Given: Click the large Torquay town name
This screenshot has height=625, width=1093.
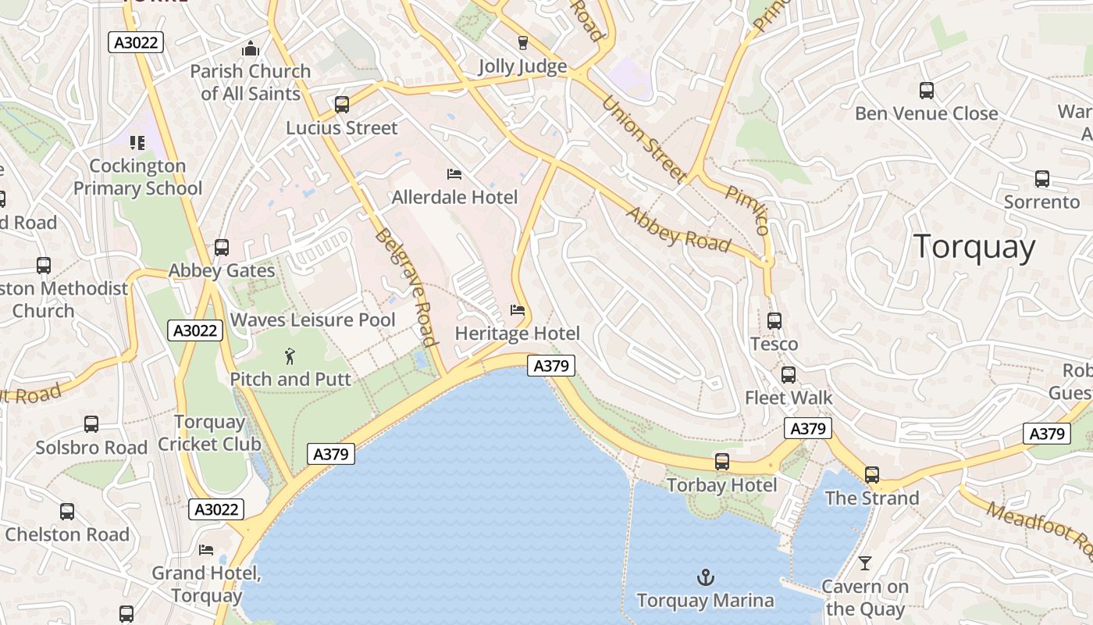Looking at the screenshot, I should [974, 247].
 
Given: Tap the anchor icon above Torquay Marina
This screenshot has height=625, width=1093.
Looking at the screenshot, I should [705, 578].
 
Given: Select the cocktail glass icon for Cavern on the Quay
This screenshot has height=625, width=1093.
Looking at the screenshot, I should [864, 562].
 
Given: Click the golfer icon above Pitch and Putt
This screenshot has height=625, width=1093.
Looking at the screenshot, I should [290, 356].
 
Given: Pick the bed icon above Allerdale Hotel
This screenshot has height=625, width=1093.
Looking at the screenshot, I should [454, 173].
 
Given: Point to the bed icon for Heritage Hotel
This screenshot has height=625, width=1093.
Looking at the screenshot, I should [517, 310].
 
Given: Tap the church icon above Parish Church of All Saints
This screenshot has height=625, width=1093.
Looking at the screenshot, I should [250, 48].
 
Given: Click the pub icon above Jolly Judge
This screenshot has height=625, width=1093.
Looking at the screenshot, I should [522, 43].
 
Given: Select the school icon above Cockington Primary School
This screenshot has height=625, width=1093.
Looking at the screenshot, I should [137, 143].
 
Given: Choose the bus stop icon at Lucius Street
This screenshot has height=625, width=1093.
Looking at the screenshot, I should [341, 105].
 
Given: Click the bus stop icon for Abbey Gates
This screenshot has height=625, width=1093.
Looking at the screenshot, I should [222, 248].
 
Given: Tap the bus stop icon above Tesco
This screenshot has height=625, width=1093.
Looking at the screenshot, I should [774, 321].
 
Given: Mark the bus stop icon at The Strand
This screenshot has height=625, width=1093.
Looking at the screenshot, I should [871, 475].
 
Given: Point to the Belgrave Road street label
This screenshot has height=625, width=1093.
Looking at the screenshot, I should [404, 287].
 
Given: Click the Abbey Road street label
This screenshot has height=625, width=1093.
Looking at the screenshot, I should [678, 230].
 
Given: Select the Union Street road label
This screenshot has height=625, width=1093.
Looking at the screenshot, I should [643, 139].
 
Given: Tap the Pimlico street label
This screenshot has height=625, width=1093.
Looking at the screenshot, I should [747, 210].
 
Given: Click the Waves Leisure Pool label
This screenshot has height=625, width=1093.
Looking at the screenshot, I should [312, 320].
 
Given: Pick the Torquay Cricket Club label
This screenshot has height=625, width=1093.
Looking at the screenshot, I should [209, 433].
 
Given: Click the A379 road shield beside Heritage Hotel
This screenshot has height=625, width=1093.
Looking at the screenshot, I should [551, 365].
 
